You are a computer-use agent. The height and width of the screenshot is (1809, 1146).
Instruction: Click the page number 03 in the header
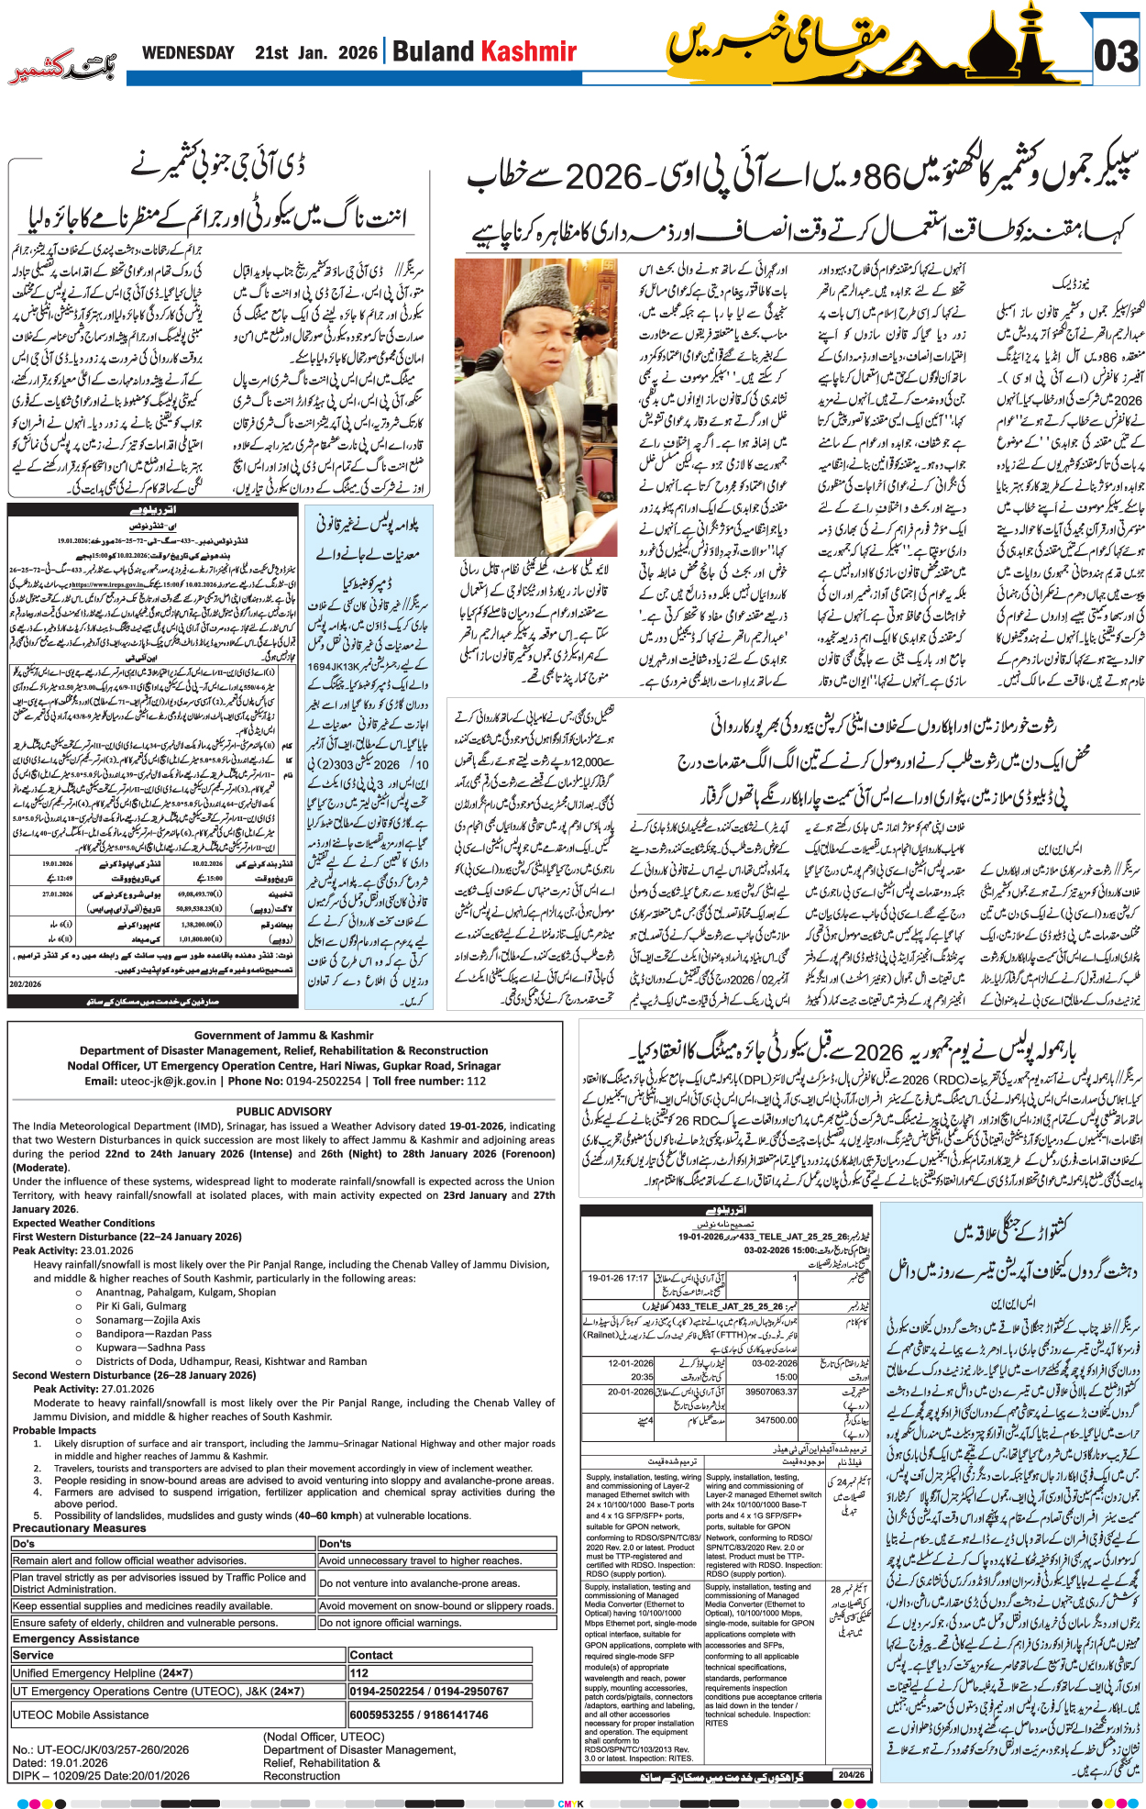click(1116, 56)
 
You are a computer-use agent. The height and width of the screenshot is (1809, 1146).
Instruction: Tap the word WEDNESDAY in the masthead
click(188, 52)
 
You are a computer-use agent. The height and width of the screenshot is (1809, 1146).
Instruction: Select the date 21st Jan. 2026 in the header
click(315, 52)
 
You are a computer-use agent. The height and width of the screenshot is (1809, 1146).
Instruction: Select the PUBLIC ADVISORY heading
click(283, 1111)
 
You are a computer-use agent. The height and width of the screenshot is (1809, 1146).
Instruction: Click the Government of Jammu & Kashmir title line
click(283, 1035)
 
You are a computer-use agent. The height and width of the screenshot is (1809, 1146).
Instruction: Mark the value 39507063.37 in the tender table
click(771, 1392)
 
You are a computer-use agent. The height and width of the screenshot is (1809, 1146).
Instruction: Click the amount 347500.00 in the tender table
click(776, 1420)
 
